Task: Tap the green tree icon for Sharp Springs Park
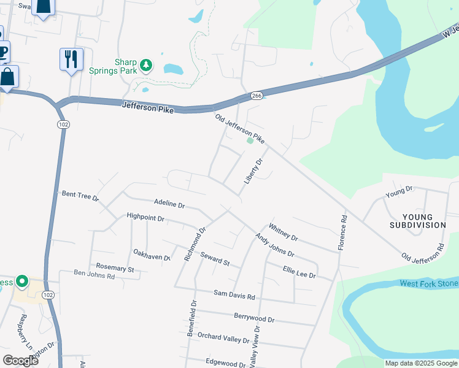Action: (x=146, y=64)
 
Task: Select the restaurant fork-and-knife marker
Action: (x=71, y=59)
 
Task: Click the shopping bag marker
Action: (x=8, y=77)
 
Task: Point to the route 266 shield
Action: (x=256, y=96)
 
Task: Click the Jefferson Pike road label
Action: (x=148, y=107)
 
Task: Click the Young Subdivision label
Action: (x=417, y=221)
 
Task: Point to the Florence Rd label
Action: (x=343, y=232)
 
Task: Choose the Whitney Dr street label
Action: (x=283, y=232)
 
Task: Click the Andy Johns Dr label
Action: (x=274, y=245)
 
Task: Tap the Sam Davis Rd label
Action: (x=234, y=296)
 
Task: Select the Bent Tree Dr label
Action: (x=80, y=195)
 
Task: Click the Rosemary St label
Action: (x=115, y=268)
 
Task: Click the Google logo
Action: (x=20, y=361)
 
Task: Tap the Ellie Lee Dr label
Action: (x=299, y=272)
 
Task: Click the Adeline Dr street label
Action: (x=169, y=202)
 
